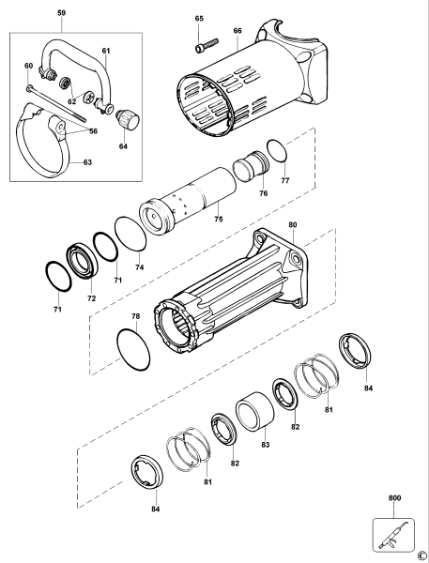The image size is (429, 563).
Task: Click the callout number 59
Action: [61, 13]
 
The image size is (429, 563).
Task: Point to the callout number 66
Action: [237, 31]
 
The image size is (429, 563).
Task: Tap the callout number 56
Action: [93, 131]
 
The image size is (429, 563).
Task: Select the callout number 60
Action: [29, 66]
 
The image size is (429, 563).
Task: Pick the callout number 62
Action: [70, 100]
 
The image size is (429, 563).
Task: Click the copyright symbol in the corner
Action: [422, 555]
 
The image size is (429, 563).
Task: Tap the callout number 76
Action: [262, 193]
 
